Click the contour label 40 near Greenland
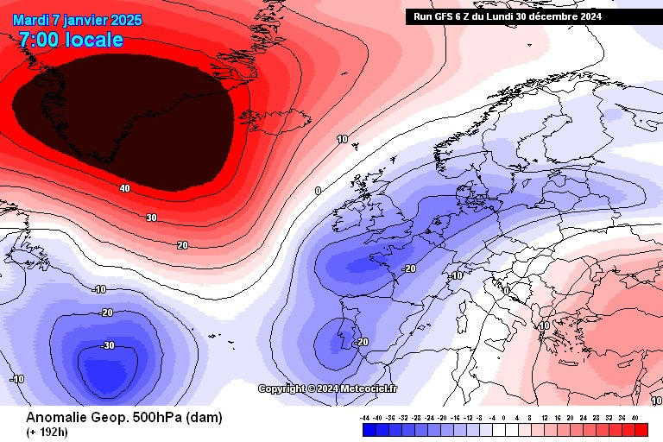(x=125, y=188)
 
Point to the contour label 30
(x=152, y=218)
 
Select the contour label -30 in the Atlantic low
(x=108, y=345)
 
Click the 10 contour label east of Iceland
(x=343, y=139)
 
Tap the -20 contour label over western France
(x=409, y=268)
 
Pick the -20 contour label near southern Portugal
(x=362, y=342)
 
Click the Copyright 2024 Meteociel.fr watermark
(x=328, y=388)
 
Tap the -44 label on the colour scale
(x=366, y=417)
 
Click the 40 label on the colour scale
(x=635, y=417)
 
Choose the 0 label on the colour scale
(x=504, y=417)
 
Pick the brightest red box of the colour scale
(x=640, y=428)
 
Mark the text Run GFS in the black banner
(x=435, y=16)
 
